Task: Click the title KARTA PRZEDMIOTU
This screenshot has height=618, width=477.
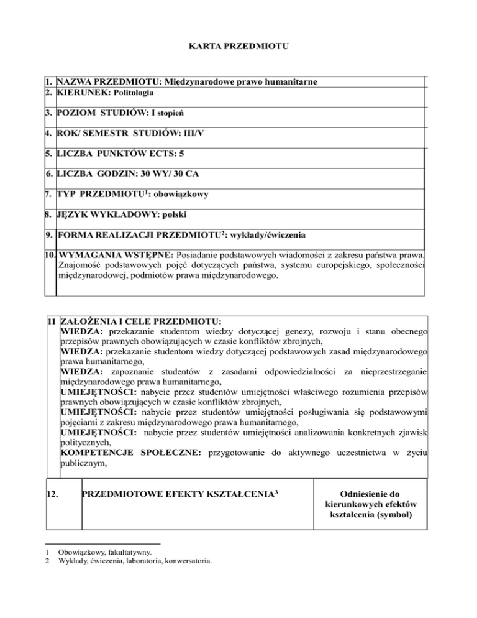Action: [238, 45]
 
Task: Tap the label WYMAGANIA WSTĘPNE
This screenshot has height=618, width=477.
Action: [116, 255]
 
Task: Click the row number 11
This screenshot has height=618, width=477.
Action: [52, 322]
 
